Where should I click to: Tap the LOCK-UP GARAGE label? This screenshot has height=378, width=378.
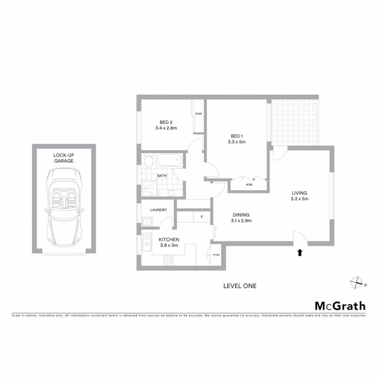pyautogui.click(x=64, y=158)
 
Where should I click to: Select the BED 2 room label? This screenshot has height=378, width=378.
pyautogui.click(x=166, y=122)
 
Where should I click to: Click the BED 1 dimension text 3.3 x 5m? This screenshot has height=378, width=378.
pyautogui.click(x=237, y=142)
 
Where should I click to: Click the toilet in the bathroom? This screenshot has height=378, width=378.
pyautogui.click(x=148, y=161)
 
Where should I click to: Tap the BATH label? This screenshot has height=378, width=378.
pyautogui.click(x=162, y=176)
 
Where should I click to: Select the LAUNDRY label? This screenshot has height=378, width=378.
pyautogui.click(x=158, y=210)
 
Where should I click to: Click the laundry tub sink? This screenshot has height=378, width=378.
pyautogui.click(x=147, y=221)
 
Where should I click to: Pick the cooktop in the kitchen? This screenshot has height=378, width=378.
pyautogui.click(x=169, y=260)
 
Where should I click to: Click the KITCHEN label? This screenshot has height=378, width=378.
pyautogui.click(x=169, y=240)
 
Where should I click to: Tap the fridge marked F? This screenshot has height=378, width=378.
pyautogui.click(x=202, y=217)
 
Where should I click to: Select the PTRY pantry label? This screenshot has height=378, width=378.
pyautogui.click(x=216, y=255)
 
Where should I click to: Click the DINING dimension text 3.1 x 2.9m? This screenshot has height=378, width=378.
pyautogui.click(x=241, y=221)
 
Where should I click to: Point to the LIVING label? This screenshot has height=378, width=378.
pyautogui.click(x=300, y=193)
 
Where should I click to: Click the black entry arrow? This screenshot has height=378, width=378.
pyautogui.click(x=300, y=252)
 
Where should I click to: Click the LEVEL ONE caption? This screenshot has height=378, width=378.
pyautogui.click(x=240, y=286)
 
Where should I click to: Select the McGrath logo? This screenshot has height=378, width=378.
pyautogui.click(x=340, y=306)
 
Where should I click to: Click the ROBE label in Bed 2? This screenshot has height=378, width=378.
pyautogui.click(x=198, y=114)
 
